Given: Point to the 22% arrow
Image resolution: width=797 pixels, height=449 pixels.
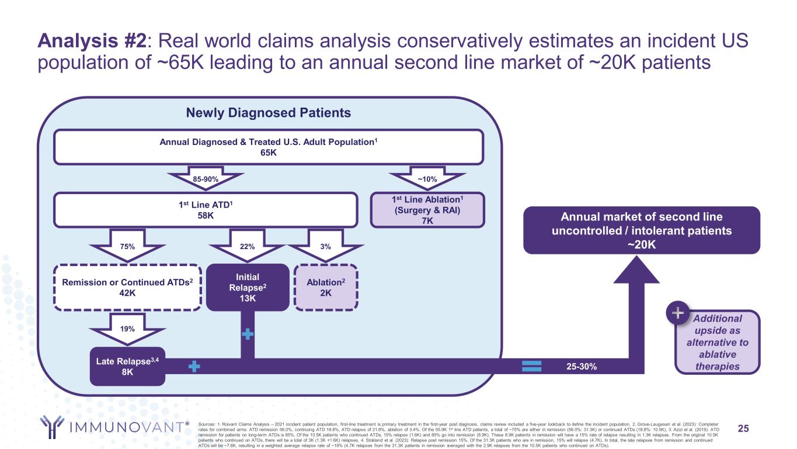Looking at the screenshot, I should pyautogui.click(x=248, y=246).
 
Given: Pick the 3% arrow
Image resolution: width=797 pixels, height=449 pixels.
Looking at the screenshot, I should pyautogui.click(x=326, y=246).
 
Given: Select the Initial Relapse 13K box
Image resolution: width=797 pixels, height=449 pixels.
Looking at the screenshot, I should pyautogui.click(x=248, y=286).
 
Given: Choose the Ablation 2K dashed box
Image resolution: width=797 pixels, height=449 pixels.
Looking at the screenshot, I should pyautogui.click(x=326, y=286).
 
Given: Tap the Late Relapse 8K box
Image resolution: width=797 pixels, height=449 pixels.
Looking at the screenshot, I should pyautogui.click(x=127, y=367).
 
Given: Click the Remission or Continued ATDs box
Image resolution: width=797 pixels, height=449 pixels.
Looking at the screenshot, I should pyautogui.click(x=127, y=286).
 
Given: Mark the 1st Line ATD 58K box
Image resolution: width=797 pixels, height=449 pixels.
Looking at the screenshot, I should pyautogui.click(x=205, y=209).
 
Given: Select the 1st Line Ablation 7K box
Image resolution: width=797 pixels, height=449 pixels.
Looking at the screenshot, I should pyautogui.click(x=427, y=209).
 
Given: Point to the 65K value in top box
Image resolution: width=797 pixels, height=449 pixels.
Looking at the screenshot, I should pyautogui.click(x=268, y=153).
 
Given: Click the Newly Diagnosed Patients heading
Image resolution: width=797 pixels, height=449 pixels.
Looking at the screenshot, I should pyautogui.click(x=268, y=113).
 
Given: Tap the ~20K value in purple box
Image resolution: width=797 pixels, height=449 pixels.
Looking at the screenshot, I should pyautogui.click(x=641, y=244).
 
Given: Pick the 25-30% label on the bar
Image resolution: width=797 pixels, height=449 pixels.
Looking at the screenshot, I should pyautogui.click(x=581, y=366).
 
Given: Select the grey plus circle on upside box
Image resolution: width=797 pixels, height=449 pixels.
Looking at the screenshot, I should pyautogui.click(x=677, y=314).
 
